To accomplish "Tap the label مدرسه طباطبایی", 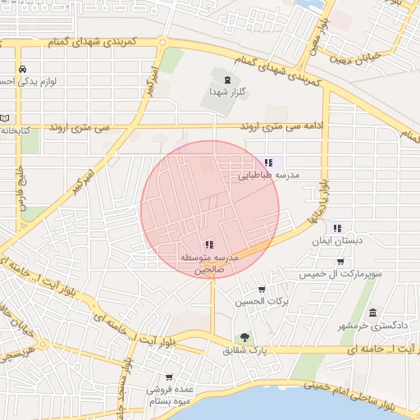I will click(268, 176).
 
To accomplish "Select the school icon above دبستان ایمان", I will click(337, 229).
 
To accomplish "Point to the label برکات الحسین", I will click(262, 302).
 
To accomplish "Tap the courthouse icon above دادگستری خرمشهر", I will click(373, 313).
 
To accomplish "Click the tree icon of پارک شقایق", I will click(244, 337).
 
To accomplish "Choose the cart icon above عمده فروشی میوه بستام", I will click(169, 377).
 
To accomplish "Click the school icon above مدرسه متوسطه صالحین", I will click(208, 244).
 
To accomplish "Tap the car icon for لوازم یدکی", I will click(22, 69).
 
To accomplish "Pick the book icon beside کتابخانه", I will click(5, 117).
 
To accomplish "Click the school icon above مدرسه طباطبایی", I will click(268, 162).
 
